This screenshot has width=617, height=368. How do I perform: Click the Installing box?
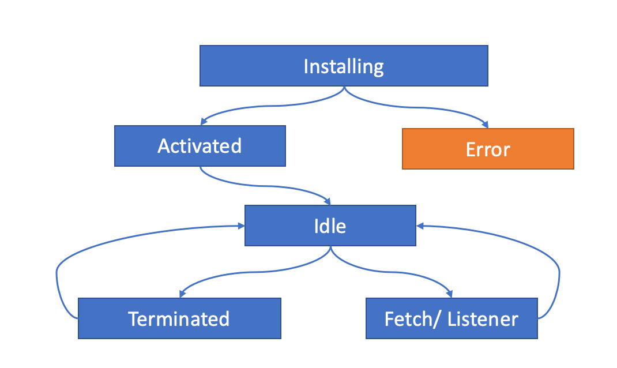click(x=344, y=66)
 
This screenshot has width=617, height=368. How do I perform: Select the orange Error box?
click(x=488, y=149)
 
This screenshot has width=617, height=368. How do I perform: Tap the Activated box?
click(x=200, y=146)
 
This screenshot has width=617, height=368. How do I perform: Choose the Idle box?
click(x=330, y=225)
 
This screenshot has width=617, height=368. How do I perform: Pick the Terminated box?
click(x=179, y=318)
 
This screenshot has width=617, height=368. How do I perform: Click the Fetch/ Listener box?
click(x=452, y=318)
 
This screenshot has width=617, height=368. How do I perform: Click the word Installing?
click(x=344, y=67)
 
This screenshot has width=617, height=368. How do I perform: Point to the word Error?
click(x=488, y=149)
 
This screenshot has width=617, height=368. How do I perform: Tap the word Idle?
click(x=330, y=226)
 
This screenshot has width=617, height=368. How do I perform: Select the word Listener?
click(x=484, y=319)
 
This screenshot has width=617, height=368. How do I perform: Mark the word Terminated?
click(x=179, y=319)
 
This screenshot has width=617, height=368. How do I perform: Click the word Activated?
click(x=200, y=146)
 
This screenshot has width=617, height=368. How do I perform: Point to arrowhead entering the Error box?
click(x=486, y=125)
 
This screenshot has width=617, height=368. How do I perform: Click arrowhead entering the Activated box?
click(x=203, y=122)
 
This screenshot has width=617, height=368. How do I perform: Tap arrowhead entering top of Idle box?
click(x=328, y=201)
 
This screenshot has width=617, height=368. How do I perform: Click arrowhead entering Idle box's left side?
click(x=240, y=226)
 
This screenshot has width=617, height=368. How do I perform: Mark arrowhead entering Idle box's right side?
click(x=420, y=226)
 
